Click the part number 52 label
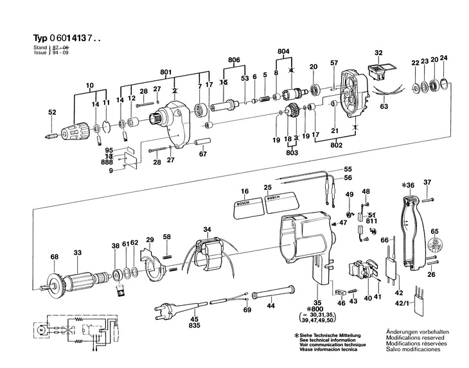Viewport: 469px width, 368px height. point(52,112)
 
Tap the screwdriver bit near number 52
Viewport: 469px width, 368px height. point(51,136)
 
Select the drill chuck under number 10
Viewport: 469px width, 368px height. point(75,132)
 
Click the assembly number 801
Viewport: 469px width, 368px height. point(166,72)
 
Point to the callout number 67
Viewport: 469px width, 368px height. point(203,154)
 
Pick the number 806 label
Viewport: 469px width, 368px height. point(234,60)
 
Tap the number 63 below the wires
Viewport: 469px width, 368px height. point(384,106)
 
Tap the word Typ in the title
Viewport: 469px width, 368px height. point(40,39)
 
